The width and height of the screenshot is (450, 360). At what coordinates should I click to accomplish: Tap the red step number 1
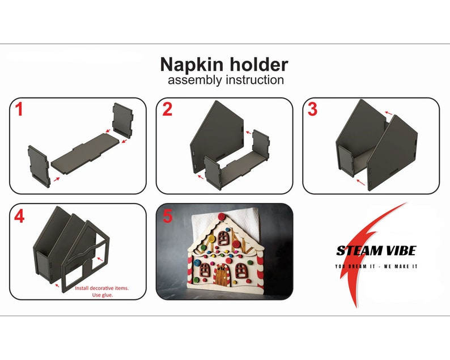tap(19, 109)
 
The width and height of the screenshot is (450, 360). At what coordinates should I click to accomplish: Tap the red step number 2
tap(167, 109)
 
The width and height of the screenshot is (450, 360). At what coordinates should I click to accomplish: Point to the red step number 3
tap(312, 109)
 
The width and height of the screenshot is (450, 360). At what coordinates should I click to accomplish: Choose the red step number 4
tap(19, 217)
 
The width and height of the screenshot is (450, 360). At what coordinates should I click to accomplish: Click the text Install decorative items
tap(102, 288)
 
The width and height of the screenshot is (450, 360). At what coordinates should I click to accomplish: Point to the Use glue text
tap(102, 295)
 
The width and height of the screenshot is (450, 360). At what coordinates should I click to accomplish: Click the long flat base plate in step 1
tap(85, 150)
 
